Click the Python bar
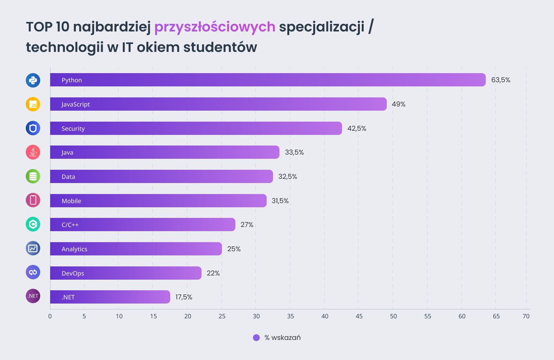click(268, 80)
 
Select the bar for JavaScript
click(218, 104)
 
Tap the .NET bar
click(110, 297)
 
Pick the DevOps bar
click(126, 273)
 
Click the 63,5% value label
click(501, 80)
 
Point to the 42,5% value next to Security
click(356, 128)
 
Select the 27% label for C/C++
click(247, 225)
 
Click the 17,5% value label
click(184, 297)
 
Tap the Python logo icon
click(33, 80)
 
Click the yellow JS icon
click(33, 105)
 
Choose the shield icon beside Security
click(33, 128)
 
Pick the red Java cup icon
click(33, 152)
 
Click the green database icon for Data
click(33, 176)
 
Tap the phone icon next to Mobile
click(33, 200)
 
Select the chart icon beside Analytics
click(33, 248)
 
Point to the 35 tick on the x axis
click(290, 316)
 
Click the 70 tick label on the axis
click(526, 316)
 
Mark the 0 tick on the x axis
click(50, 316)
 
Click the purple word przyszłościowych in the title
click(215, 27)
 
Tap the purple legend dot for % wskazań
click(256, 338)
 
